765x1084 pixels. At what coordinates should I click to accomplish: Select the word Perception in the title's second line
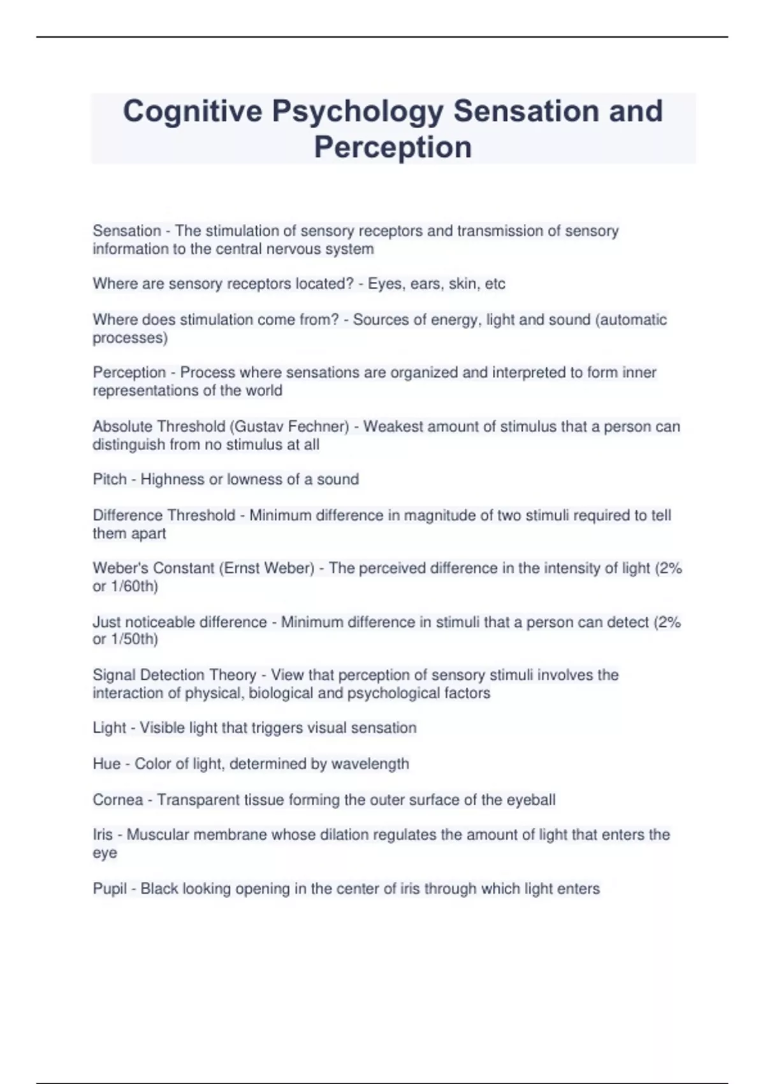pos(393,147)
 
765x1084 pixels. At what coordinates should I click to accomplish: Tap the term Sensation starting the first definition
pos(126,231)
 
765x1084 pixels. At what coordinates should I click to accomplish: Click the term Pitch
pos(109,480)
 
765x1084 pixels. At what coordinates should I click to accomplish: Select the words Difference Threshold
pos(164,515)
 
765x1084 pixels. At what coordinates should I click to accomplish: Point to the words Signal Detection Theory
pos(174,675)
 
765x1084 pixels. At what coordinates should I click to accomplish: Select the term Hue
pos(106,763)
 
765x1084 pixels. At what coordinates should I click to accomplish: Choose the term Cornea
pos(117,800)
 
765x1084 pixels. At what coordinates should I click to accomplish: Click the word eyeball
pos(530,800)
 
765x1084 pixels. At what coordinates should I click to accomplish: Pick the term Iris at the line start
pos(102,835)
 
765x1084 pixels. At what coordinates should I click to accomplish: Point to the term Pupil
pos(110,888)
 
